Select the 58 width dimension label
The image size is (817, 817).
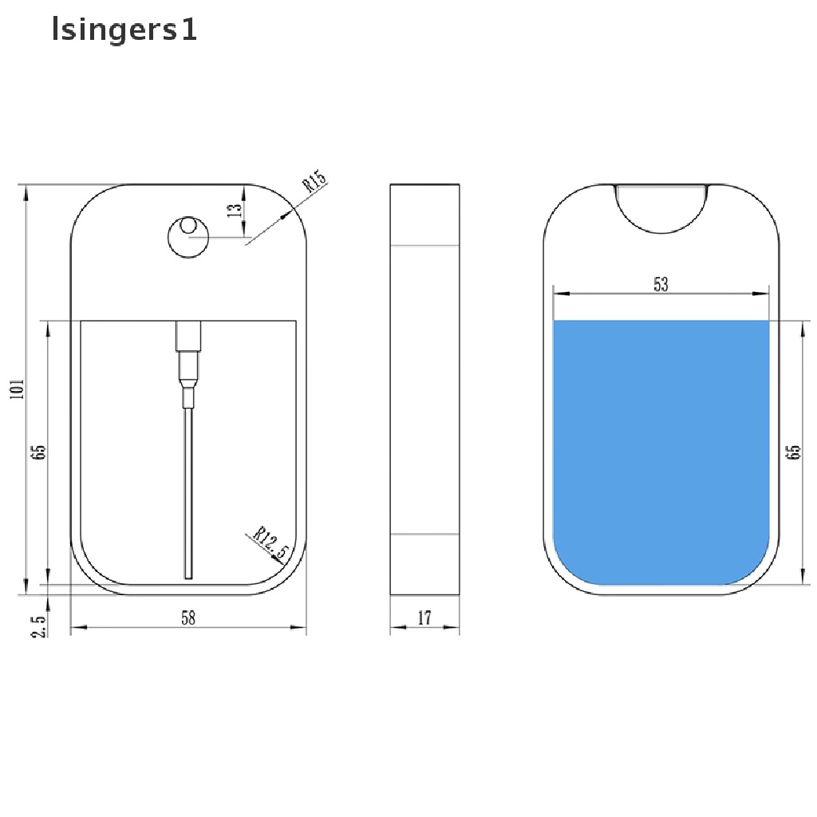(188, 617)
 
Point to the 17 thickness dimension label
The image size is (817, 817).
(424, 618)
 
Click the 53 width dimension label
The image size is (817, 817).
(661, 283)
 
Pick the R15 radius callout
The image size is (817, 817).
(314, 184)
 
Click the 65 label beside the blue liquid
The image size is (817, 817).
(793, 452)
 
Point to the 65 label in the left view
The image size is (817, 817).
(38, 452)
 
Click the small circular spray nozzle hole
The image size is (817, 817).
(188, 237)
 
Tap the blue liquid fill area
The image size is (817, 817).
(661, 447)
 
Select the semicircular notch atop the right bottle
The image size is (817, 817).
(661, 209)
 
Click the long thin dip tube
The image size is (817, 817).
(188, 491)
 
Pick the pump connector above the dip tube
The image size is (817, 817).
(187, 355)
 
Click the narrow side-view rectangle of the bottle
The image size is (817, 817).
(425, 389)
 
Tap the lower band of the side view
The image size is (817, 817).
(425, 563)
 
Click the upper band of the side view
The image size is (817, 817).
(425, 214)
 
